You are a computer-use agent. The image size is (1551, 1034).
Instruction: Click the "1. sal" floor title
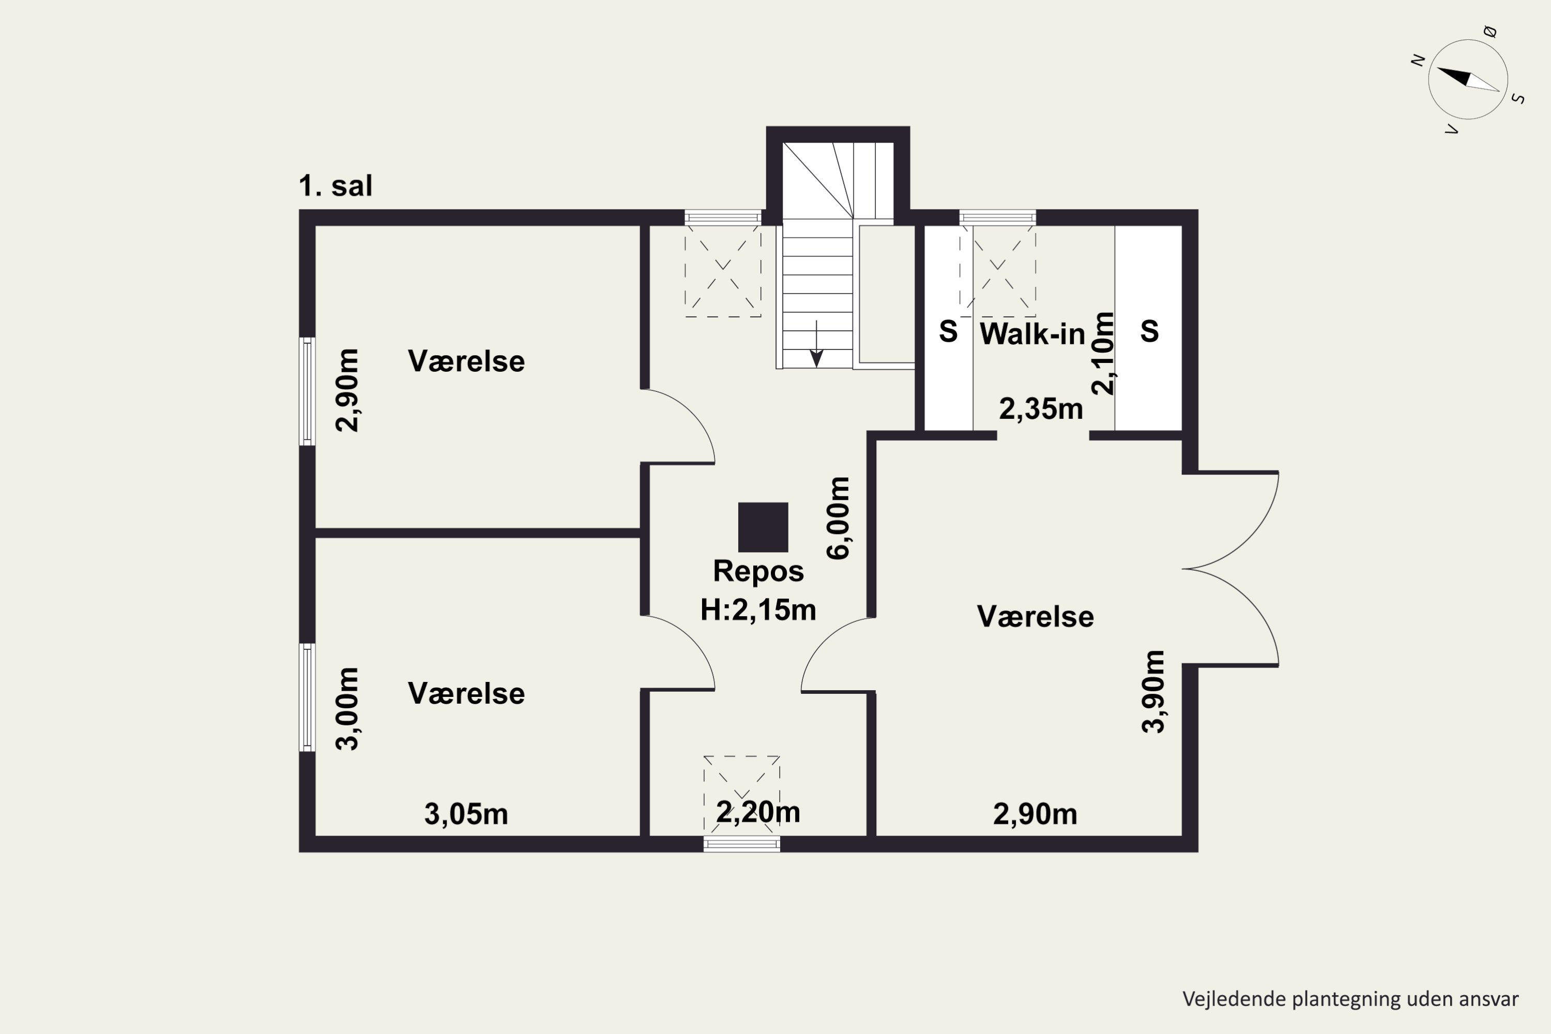click(335, 186)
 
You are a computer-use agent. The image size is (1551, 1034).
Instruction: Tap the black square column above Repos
click(763, 527)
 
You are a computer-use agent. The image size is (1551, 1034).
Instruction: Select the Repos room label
click(758, 571)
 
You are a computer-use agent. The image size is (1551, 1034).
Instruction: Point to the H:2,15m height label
click(758, 610)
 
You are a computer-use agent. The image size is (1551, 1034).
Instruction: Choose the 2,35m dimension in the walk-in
click(1041, 409)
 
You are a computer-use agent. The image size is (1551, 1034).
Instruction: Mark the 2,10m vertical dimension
click(1103, 354)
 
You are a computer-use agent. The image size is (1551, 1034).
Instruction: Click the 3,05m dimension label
click(466, 814)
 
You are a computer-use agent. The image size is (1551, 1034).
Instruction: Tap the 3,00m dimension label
click(347, 709)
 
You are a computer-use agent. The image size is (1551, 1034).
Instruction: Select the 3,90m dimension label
click(1153, 692)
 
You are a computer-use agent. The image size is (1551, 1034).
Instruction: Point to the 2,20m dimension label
click(758, 812)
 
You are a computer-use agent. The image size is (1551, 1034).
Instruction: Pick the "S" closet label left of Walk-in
click(948, 332)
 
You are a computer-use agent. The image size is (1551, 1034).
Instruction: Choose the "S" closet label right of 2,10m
click(1149, 332)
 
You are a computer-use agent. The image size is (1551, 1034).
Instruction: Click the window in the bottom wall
click(742, 844)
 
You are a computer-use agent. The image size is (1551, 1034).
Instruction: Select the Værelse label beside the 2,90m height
click(466, 361)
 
